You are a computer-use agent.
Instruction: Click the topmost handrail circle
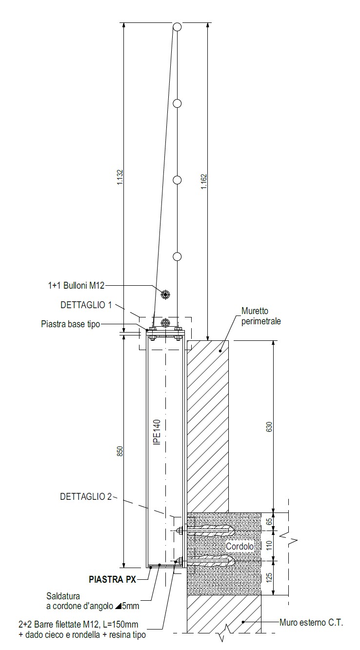(x=178, y=27)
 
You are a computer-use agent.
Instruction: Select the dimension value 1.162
(x=204, y=182)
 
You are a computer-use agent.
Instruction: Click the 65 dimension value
(x=269, y=521)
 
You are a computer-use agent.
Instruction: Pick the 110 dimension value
(x=269, y=545)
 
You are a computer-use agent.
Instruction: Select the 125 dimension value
(x=269, y=577)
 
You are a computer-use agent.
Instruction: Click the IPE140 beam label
(x=157, y=432)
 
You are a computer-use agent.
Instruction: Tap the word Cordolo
(x=240, y=546)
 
